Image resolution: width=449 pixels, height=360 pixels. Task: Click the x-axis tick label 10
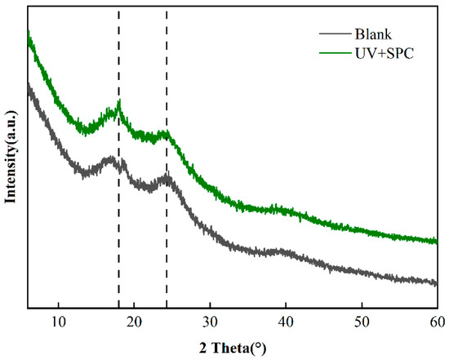click(x=59, y=319)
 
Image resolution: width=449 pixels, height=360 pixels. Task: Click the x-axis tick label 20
click(x=135, y=319)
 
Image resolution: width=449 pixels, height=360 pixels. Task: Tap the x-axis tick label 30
click(x=211, y=319)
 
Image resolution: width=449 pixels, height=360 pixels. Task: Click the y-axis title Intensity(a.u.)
click(x=11, y=162)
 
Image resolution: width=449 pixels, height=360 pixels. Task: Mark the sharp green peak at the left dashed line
click(x=119, y=102)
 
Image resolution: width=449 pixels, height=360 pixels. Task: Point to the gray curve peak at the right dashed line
click(x=167, y=176)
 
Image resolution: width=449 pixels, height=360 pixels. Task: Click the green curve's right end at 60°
click(x=437, y=242)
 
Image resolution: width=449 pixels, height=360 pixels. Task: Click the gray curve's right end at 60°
click(x=437, y=283)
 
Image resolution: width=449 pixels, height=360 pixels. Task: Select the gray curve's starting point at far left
click(x=29, y=85)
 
